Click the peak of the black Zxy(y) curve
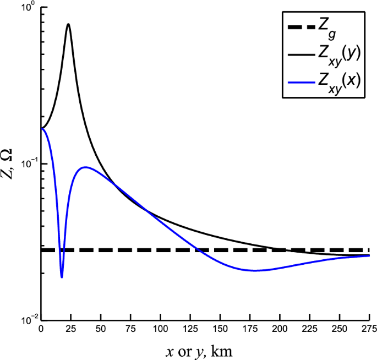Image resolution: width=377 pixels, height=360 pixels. [x=68, y=24]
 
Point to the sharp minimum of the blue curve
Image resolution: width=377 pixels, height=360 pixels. [x=62, y=277]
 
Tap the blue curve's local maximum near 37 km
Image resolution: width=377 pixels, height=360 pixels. [x=85, y=167]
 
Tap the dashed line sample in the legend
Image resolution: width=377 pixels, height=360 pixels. [x=302, y=25]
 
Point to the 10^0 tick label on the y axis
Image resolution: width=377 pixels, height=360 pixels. [x=26, y=7]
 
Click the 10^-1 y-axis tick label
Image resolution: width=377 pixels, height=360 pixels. [x=25, y=163]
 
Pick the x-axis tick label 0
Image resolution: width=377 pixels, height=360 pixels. [x=41, y=330]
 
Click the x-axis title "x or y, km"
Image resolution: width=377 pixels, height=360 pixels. [x=205, y=350]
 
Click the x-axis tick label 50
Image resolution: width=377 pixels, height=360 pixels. [x=101, y=330]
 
